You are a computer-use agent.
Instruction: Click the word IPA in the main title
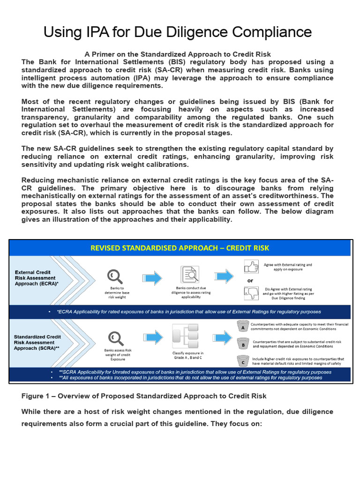95,32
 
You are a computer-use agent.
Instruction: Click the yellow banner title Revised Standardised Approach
180,247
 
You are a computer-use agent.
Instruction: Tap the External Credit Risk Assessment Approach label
36,278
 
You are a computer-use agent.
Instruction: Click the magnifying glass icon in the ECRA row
114,276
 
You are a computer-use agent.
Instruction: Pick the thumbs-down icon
250,293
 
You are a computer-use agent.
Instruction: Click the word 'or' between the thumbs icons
250,280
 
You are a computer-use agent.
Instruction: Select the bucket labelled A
243,327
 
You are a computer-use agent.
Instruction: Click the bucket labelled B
243,344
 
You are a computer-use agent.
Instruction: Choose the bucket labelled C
243,361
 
